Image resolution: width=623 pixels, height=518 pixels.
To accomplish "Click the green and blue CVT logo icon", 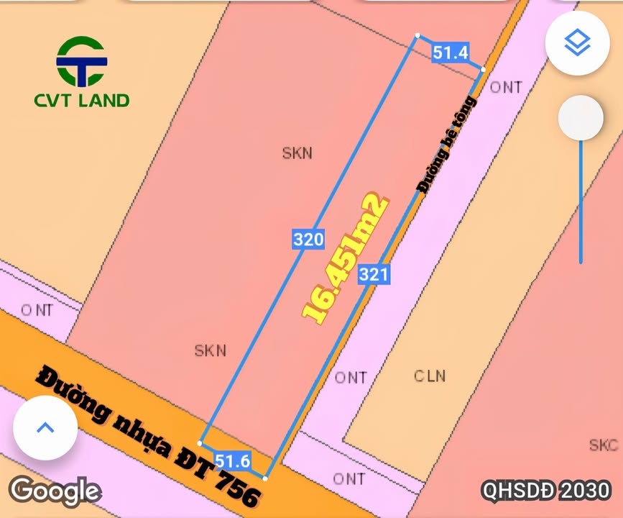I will pyautogui.click(x=81, y=61).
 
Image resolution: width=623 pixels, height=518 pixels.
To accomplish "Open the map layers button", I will pyautogui.click(x=577, y=42).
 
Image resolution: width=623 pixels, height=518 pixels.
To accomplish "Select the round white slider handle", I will pyautogui.click(x=581, y=118).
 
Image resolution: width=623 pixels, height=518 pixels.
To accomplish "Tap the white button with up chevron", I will pyautogui.click(x=45, y=427).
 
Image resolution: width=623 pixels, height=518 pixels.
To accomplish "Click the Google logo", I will pyautogui.click(x=55, y=491).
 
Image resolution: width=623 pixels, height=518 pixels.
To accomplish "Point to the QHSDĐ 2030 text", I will pyautogui.click(x=546, y=491).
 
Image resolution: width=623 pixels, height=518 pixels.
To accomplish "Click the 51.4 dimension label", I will pyautogui.click(x=450, y=52).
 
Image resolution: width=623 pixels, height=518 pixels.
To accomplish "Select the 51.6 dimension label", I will pyautogui.click(x=232, y=461).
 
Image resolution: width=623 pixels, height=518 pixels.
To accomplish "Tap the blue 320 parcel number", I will pyautogui.click(x=308, y=239).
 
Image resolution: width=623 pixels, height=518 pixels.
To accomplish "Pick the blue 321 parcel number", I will pyautogui.click(x=374, y=273).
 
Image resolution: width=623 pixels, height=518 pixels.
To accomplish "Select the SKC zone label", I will pyautogui.click(x=603, y=445).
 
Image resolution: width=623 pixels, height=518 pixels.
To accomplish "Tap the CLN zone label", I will pyautogui.click(x=430, y=376).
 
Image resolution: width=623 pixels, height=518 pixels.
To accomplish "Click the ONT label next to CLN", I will pyautogui.click(x=351, y=377).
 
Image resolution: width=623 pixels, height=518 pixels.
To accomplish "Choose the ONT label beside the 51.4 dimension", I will pyautogui.click(x=506, y=87).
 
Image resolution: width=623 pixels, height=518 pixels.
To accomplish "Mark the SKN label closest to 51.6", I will pyautogui.click(x=211, y=350).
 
